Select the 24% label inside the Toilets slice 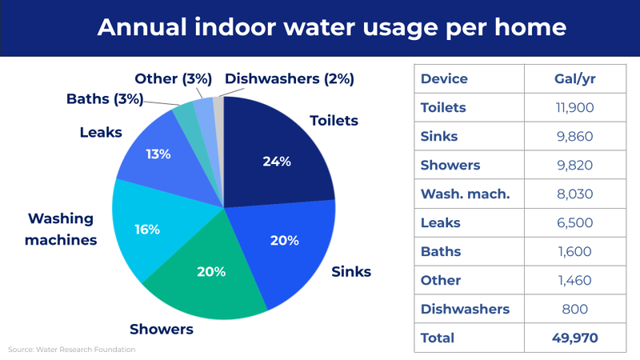point(277,161)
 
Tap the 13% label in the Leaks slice point(158,154)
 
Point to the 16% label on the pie point(147,229)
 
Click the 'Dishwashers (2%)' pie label point(290,78)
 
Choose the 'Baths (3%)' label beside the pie point(105,100)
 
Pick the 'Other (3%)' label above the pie point(173,78)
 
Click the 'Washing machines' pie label point(61,229)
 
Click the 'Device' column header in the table point(444,79)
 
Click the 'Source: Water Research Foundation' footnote point(72,350)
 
